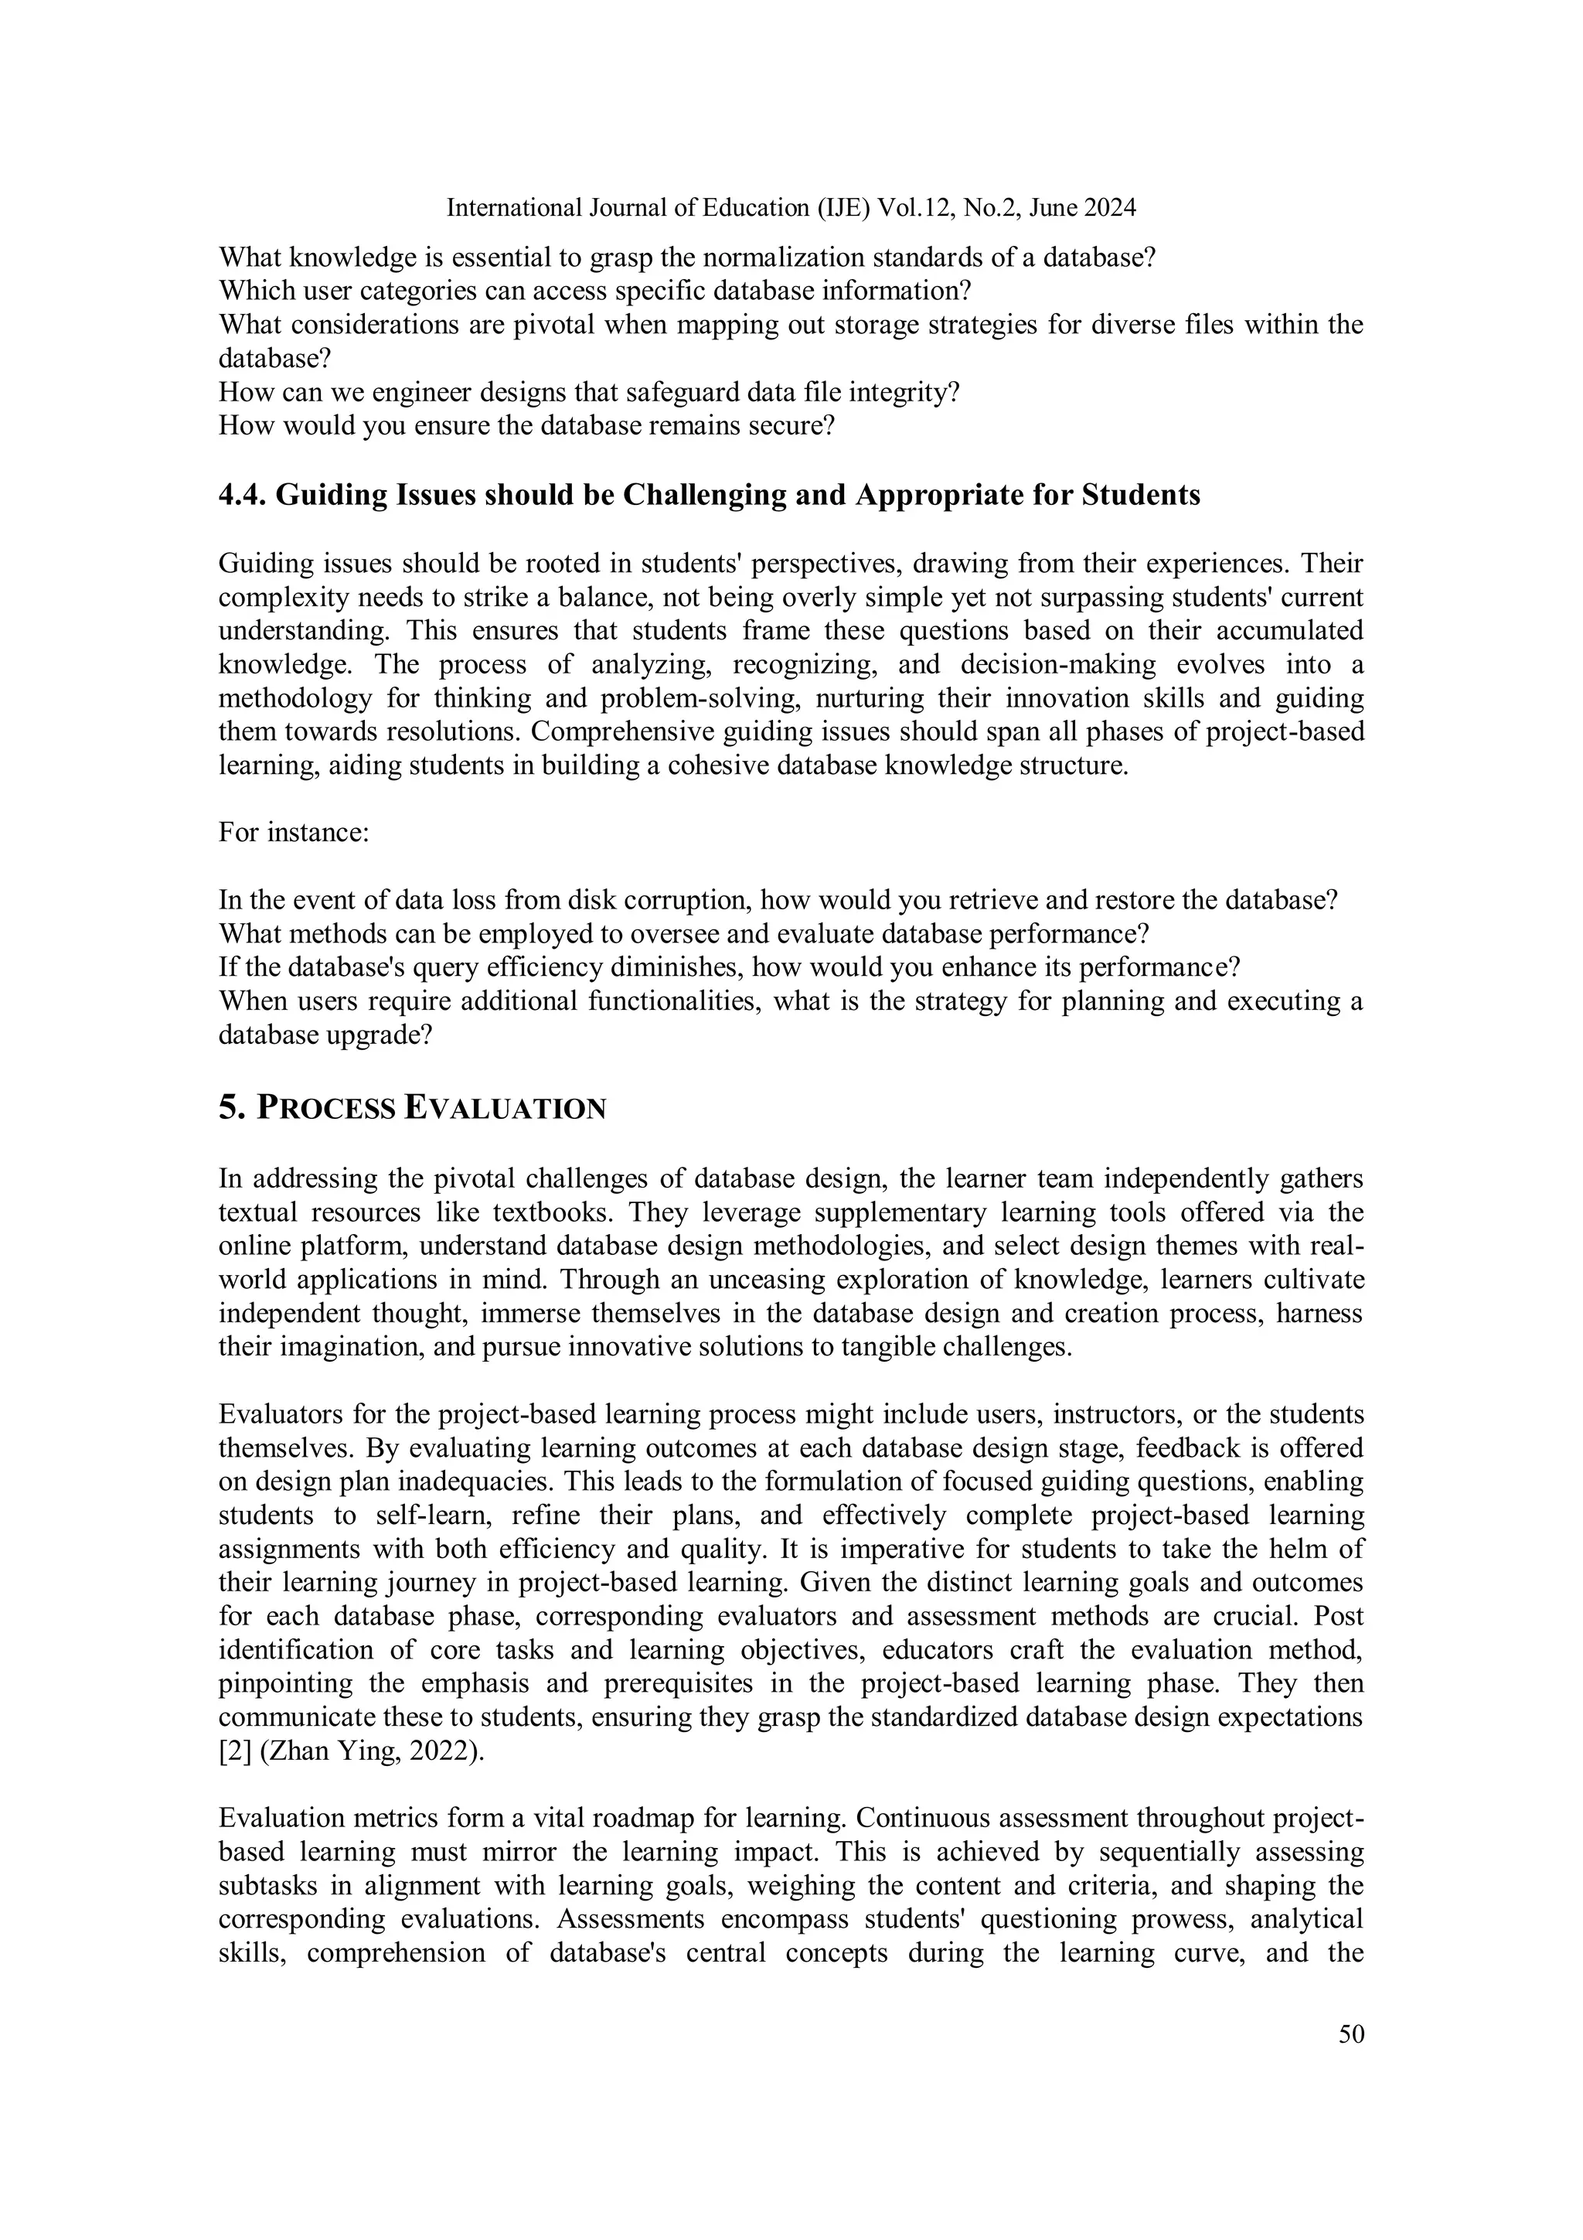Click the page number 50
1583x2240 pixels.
pos(1351,2034)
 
